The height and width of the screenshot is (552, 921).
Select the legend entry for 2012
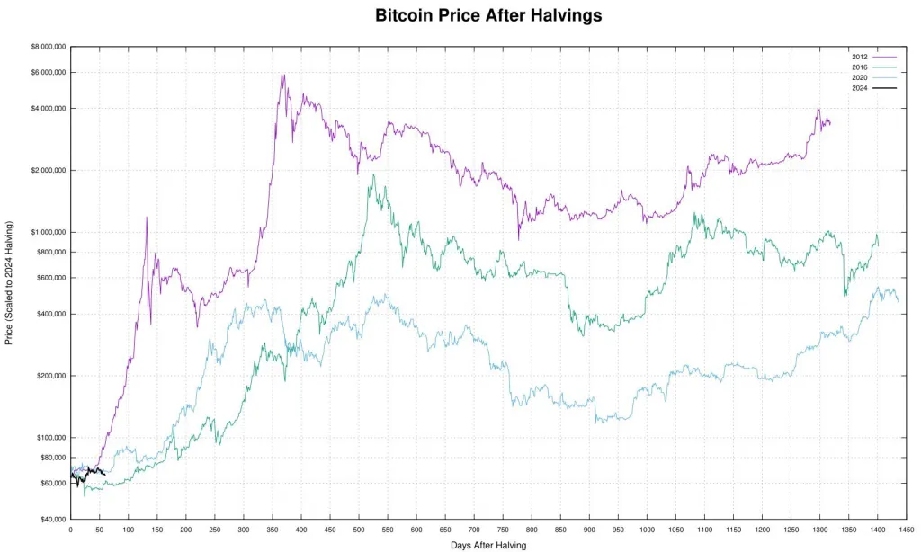pos(860,57)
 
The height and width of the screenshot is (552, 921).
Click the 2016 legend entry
pos(860,67)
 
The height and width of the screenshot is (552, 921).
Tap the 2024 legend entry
pos(860,87)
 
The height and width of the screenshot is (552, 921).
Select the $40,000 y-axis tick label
pos(50,520)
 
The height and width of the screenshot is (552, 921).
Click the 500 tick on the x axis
pos(359,530)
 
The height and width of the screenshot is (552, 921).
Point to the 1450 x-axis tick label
pos(907,530)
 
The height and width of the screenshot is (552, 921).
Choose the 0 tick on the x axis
pos(70,530)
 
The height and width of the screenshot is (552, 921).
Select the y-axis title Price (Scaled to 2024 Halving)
pos(9,282)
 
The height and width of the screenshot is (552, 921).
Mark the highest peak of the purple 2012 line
pos(282,76)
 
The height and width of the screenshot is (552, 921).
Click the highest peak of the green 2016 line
pos(372,175)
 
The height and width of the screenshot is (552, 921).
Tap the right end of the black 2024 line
pos(105,475)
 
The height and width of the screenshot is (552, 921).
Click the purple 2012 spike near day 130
pos(146,218)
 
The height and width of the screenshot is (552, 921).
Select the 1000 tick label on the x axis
pos(647,530)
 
